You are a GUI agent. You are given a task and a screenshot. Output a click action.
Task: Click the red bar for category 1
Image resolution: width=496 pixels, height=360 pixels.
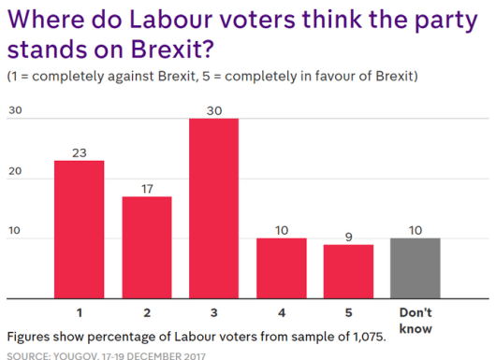pos(79,229)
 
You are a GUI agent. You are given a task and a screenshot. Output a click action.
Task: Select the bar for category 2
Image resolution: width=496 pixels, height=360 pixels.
pos(146,248)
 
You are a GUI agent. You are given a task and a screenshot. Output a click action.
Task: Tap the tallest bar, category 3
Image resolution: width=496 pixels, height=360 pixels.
pos(213,208)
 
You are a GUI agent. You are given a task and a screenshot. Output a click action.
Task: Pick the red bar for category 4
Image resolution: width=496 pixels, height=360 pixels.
pos(281,268)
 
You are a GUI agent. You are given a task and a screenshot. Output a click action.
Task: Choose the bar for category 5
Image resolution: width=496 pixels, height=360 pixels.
pos(348,271)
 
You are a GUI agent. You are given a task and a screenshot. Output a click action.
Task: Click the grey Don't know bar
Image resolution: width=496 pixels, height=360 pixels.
pos(416,268)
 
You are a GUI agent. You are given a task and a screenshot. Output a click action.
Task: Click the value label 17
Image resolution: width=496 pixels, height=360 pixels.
pos(146,189)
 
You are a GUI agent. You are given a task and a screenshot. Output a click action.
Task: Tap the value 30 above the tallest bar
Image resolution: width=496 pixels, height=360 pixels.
pos(213,110)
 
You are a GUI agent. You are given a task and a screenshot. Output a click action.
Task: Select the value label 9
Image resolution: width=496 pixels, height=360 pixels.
pos(348,237)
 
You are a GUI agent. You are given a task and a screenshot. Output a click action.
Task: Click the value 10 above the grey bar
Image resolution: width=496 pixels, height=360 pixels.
pos(416,230)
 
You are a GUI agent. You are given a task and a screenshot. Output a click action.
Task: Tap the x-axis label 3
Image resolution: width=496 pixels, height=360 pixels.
pos(213,310)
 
